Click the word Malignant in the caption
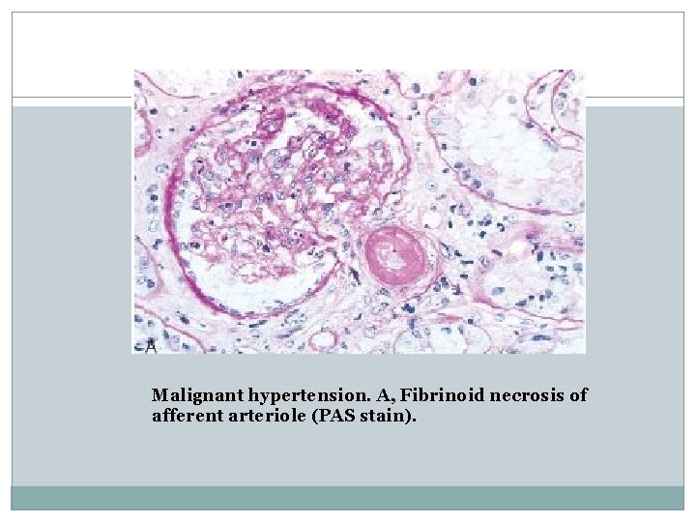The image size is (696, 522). [197, 395]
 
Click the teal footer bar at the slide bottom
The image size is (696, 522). [348, 497]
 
